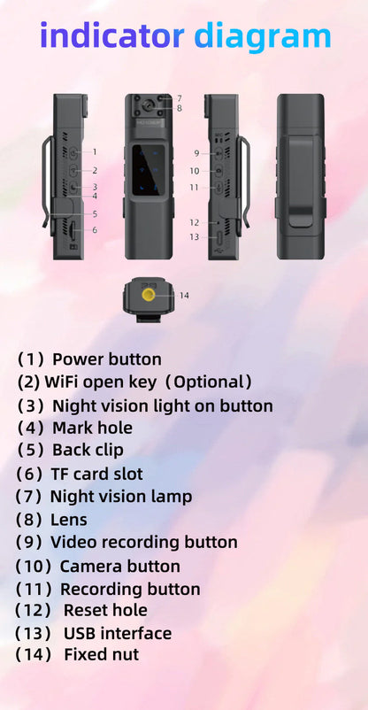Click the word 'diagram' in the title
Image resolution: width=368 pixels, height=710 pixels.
[262, 36]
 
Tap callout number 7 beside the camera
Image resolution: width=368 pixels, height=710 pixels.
[179, 98]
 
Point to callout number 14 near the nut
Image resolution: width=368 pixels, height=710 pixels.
[184, 295]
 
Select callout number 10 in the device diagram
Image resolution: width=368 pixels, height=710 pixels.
[194, 170]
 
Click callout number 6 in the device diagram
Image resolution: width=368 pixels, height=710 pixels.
[95, 230]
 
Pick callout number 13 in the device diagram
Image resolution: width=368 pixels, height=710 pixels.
[194, 236]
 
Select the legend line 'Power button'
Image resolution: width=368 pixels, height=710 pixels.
[106, 359]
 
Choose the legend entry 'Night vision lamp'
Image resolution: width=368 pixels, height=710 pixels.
[120, 497]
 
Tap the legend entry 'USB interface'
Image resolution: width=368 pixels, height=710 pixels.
[117, 633]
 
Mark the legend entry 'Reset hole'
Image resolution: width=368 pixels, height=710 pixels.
[105, 610]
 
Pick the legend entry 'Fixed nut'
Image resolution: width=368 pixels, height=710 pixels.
[101, 655]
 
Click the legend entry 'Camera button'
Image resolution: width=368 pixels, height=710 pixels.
[119, 566]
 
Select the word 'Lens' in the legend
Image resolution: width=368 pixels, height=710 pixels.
[69, 520]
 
